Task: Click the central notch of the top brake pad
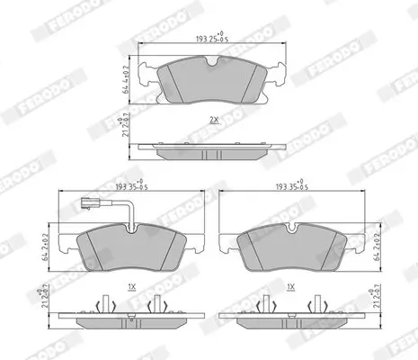pyautogui.click(x=213, y=62)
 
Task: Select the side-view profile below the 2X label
pyautogui.click(x=213, y=149)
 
